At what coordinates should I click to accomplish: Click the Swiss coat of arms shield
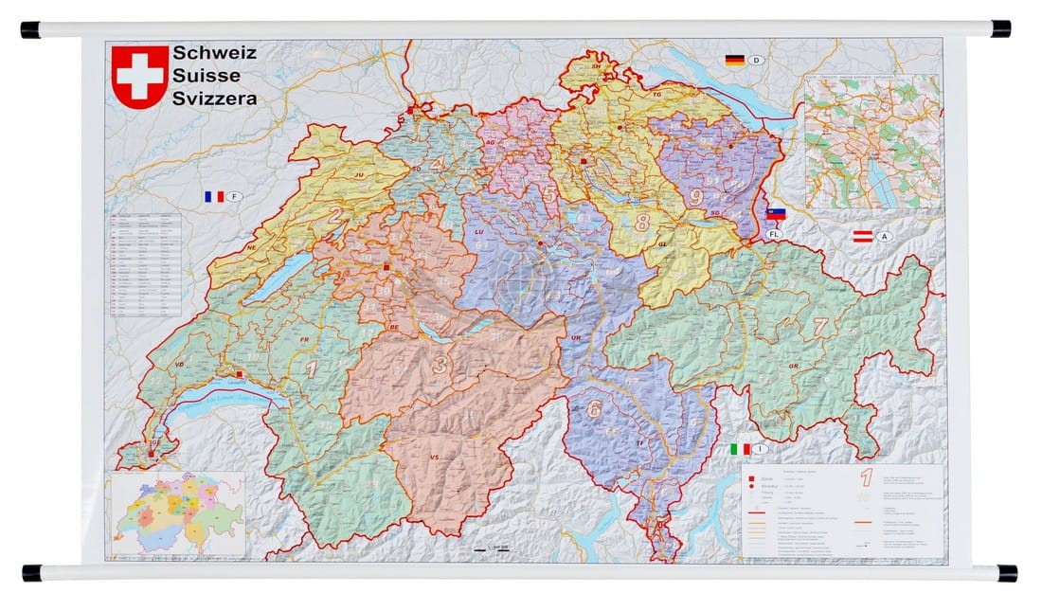[x=140, y=77]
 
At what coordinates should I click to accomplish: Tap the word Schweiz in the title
[x=214, y=53]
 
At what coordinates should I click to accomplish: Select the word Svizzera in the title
[x=214, y=98]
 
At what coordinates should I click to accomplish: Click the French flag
[x=214, y=197]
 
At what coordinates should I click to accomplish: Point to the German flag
[x=735, y=61]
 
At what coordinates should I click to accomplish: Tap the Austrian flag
[x=863, y=237]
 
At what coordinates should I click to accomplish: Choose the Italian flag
[x=740, y=449]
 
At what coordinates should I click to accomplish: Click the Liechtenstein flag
[x=777, y=214]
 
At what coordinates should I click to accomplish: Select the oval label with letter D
[x=757, y=61]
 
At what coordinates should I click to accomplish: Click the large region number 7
[x=820, y=327]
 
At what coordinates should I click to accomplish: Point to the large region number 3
[x=440, y=364]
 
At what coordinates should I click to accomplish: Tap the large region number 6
[x=594, y=409]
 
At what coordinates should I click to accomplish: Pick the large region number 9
[x=696, y=197]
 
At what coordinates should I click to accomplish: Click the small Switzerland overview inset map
[x=178, y=512]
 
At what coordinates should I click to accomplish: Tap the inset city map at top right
[x=871, y=142]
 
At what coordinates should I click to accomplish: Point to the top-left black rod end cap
[x=30, y=29]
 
